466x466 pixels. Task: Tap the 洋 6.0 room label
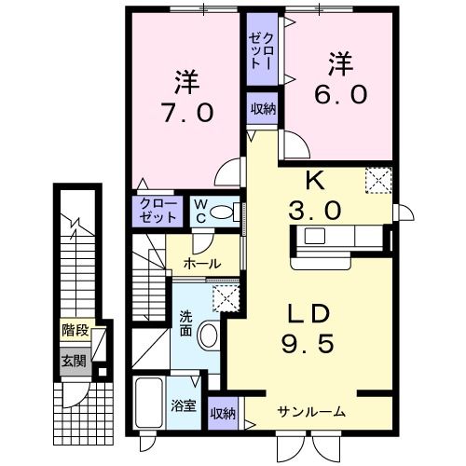pos(339,78)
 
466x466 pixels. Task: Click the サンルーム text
pos(311,411)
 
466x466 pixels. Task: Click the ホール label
pos(202,264)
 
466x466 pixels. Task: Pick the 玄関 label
pos(73,361)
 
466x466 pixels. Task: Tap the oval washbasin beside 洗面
pos(210,335)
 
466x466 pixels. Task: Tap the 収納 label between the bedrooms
pos(262,108)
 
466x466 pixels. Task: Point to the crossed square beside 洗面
pos(225,297)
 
